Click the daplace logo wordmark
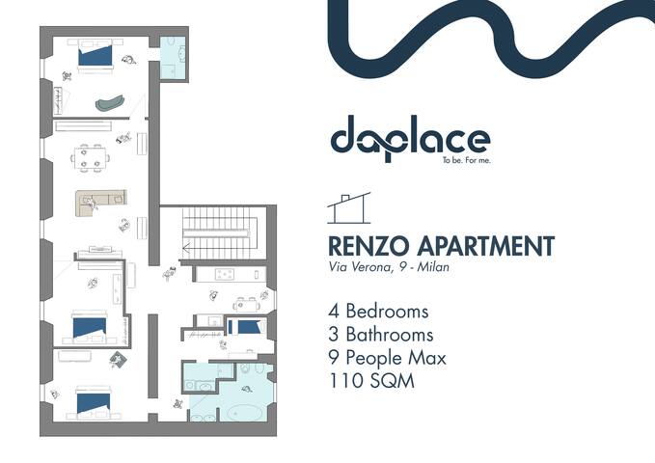(410, 139)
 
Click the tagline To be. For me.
(465, 160)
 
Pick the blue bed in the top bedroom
(96, 56)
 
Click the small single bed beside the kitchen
(246, 326)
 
